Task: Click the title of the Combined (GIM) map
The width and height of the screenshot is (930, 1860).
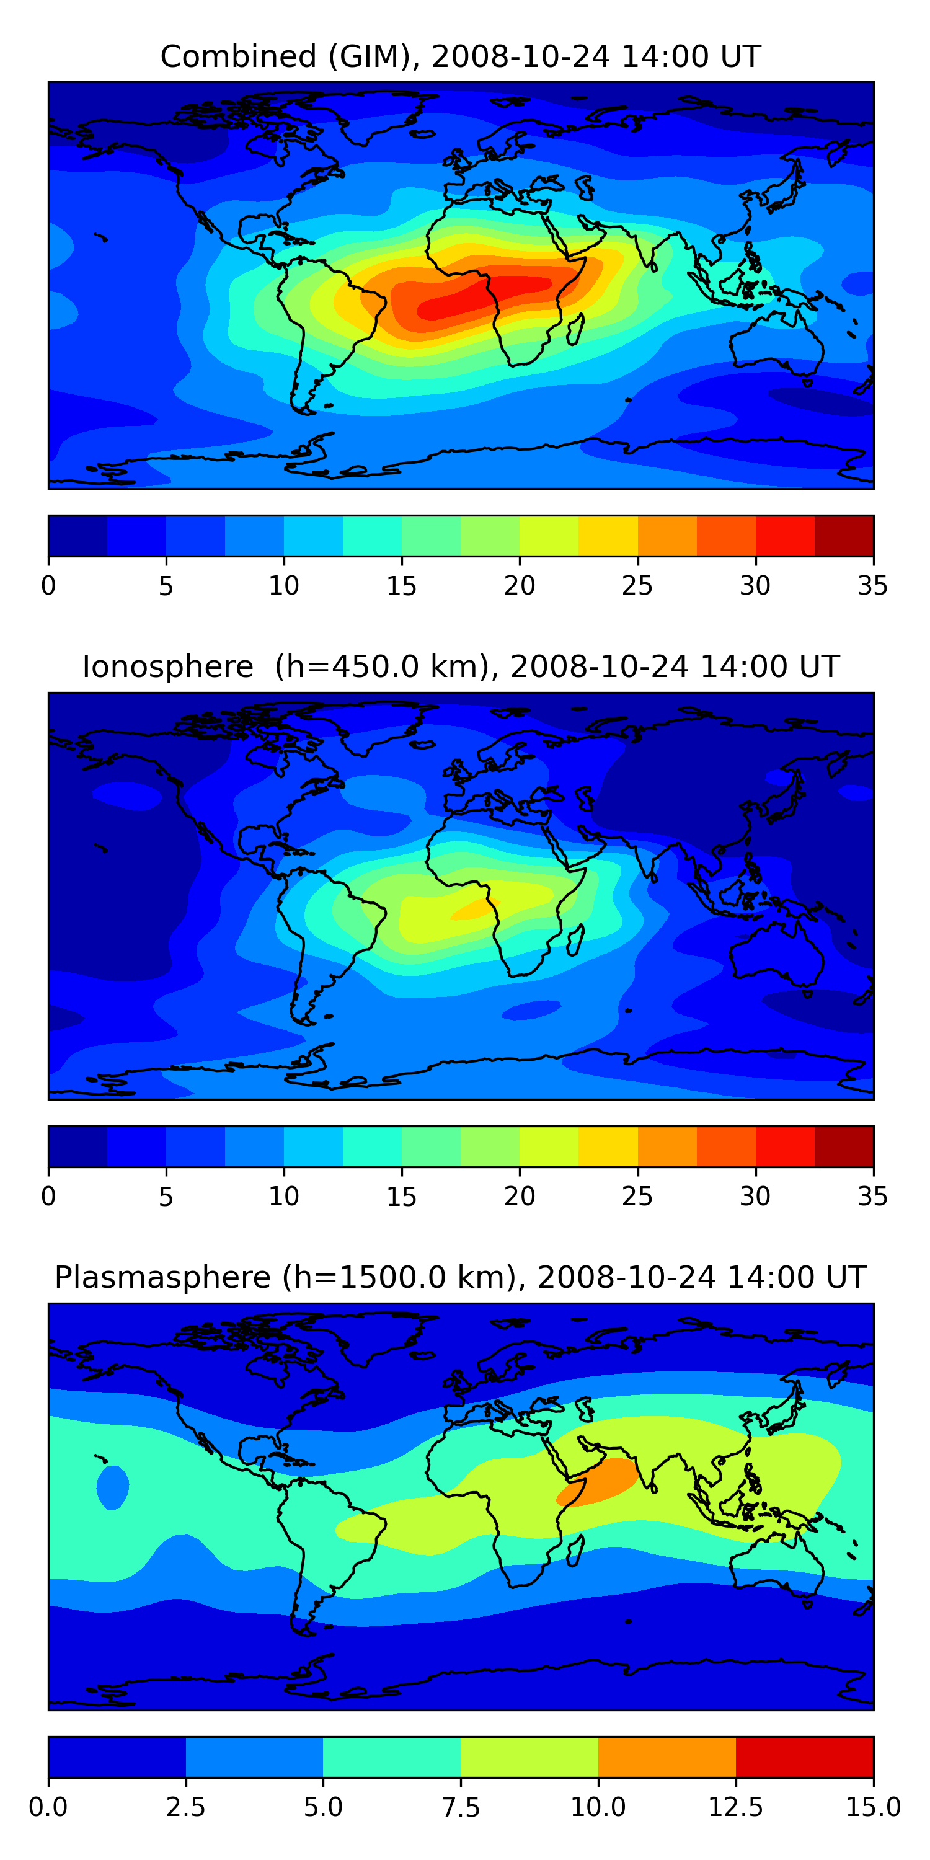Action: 461,56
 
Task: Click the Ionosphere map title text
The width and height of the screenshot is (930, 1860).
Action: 461,666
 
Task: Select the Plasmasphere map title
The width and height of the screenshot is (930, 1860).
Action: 461,1277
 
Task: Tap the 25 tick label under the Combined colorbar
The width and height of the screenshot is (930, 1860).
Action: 637,585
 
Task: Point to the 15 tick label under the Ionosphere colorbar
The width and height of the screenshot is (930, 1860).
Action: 402,1197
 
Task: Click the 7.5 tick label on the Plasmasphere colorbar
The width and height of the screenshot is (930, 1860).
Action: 461,1807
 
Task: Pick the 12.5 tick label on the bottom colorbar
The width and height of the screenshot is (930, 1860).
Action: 735,1807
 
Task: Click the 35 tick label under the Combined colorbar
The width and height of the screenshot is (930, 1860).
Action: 872,585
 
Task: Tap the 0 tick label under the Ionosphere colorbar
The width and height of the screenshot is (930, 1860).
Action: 48,1197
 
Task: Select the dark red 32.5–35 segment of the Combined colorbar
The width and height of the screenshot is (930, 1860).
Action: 843,536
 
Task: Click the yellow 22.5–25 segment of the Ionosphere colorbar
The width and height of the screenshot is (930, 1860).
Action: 608,1146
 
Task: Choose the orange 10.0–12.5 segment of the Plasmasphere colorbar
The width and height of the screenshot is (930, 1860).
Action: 666,1756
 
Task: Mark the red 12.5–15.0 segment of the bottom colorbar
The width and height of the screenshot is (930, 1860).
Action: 804,1756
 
